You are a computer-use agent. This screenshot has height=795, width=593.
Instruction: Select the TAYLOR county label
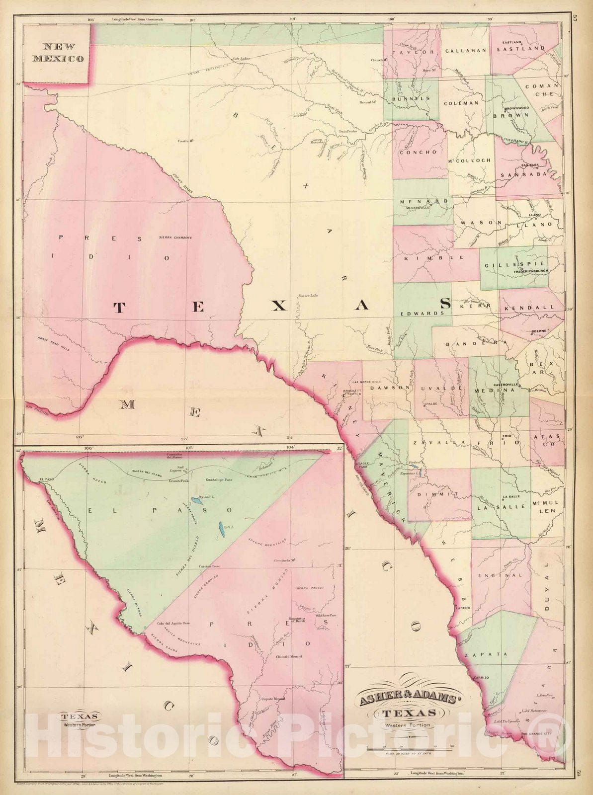pos(413,52)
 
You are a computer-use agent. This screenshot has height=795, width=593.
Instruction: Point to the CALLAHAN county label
pos(465,51)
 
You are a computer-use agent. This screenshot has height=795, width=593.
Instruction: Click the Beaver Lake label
pos(308,297)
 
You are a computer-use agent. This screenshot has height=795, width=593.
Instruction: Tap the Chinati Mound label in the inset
pos(289,656)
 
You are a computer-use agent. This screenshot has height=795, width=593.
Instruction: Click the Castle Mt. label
pos(185,141)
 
